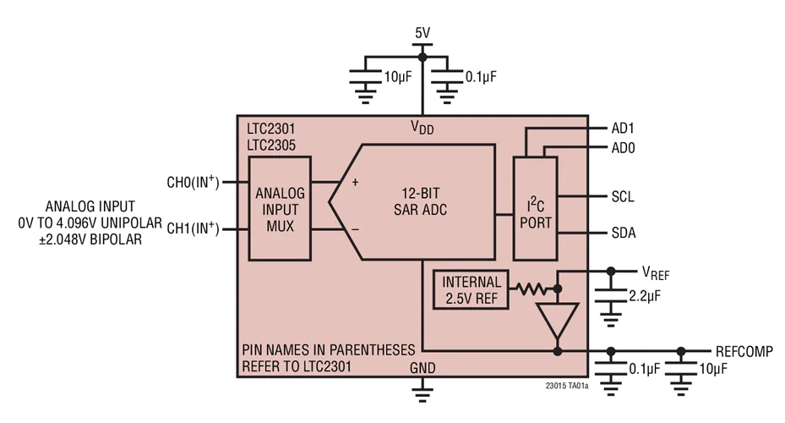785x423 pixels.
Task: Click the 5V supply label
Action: pos(422,33)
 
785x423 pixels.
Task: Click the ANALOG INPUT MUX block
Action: pos(280,207)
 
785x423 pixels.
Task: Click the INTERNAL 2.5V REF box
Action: pos(471,290)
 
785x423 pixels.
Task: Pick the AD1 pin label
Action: pos(623,129)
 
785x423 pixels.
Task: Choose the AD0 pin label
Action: pos(623,147)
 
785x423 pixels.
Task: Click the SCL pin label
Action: pos(622,196)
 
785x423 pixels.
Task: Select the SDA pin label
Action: pos(623,233)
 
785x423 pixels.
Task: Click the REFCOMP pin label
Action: pos(744,351)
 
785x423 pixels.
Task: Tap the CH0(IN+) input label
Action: pos(194,182)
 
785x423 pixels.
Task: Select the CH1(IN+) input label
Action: pos(194,228)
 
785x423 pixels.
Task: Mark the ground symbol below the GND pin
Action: pos(422,388)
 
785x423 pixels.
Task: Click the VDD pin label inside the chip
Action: pos(422,128)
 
